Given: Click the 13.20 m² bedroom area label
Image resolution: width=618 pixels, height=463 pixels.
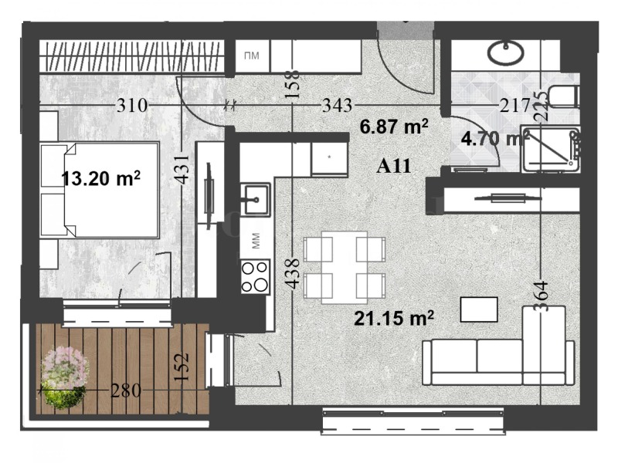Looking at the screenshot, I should pos(100,179).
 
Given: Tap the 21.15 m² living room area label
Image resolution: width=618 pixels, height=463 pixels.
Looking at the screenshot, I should pos(393,316).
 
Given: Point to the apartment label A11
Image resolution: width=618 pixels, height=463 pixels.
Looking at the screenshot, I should pos(392,165).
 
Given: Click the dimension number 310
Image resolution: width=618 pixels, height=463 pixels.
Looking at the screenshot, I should pos(131,105).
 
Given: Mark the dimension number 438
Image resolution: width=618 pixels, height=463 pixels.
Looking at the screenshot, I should pos(292,272).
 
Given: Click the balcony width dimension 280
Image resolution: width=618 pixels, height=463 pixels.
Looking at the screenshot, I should pos(125,390).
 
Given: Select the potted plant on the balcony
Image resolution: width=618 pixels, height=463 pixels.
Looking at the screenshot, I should pos(65,376).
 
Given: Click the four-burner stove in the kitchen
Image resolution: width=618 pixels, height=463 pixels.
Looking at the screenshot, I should pos(255,276).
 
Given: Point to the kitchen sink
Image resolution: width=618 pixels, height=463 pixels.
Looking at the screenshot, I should pos(254,199).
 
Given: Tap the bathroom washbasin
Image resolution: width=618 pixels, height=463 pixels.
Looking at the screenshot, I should pos(506,52).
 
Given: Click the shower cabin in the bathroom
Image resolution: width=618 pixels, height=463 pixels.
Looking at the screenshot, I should pos(550,148).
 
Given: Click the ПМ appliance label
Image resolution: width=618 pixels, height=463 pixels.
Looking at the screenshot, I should pos(251,56).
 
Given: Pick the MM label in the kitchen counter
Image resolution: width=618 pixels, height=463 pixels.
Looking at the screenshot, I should pos(255,241).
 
